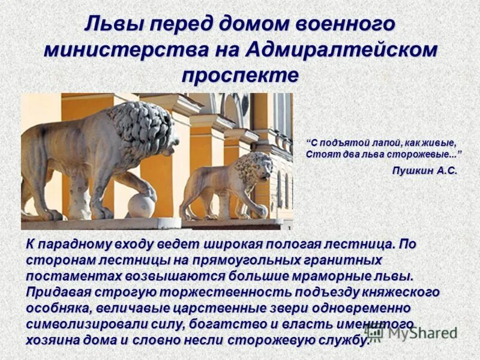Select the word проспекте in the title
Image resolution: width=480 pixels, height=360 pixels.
click(239, 75)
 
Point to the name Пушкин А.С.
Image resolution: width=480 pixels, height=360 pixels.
click(424, 171)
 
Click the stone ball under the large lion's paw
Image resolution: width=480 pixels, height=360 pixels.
click(142, 205)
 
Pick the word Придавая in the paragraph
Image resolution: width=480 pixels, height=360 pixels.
click(56, 292)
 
